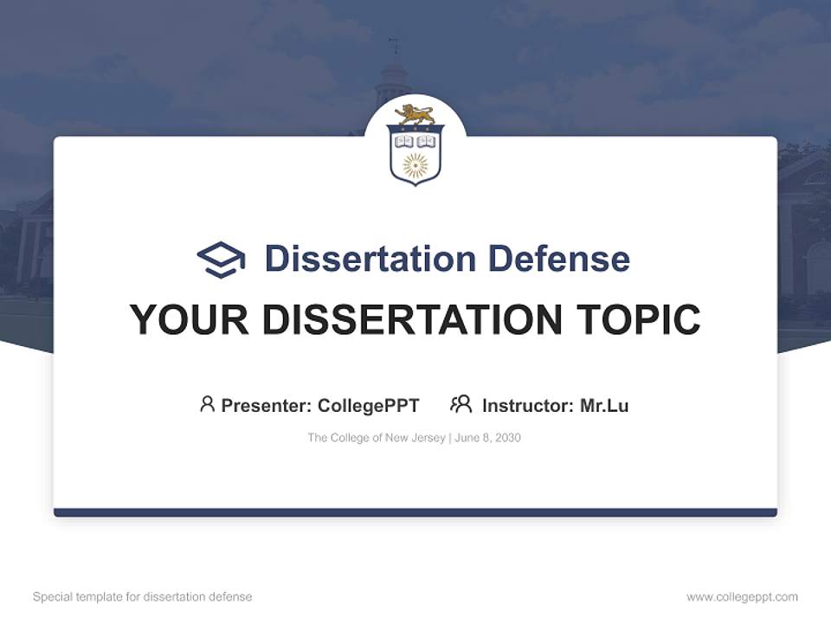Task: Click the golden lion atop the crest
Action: pos(415,114)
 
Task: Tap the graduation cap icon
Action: pos(221,259)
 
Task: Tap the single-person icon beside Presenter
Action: pos(207,404)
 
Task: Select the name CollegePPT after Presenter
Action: pos(368,405)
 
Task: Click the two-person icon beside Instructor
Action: pos(461,404)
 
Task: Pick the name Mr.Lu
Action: pos(604,405)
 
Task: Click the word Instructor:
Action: pos(527,405)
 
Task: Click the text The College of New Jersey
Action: pos(376,438)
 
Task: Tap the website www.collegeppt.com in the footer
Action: pos(742,597)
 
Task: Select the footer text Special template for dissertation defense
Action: pos(142,597)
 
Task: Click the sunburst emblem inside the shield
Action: pos(415,164)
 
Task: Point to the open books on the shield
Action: pos(415,140)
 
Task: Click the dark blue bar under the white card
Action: pos(415,512)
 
